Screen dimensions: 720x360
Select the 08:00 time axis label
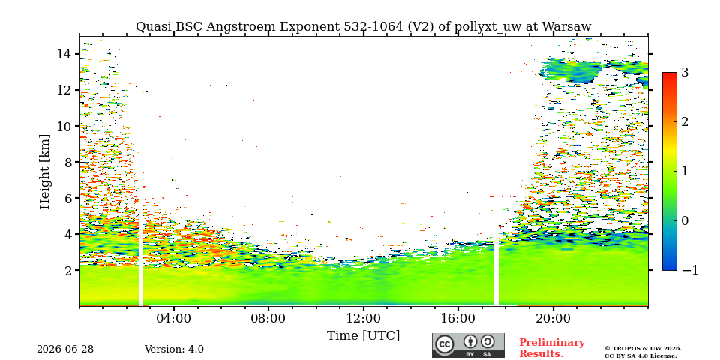click(268, 319)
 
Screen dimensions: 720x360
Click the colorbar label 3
click(685, 73)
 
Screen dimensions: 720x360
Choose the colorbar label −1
click(690, 271)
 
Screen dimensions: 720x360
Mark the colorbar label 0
click(685, 220)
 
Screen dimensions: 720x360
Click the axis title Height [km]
click(44, 172)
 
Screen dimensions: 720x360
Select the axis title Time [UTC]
click(363, 336)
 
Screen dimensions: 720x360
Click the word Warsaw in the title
click(567, 27)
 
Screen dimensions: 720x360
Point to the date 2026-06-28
click(65, 349)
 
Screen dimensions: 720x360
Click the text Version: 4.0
click(174, 349)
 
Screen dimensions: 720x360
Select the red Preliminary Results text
click(552, 348)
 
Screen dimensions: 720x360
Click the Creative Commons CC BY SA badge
click(468, 345)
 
